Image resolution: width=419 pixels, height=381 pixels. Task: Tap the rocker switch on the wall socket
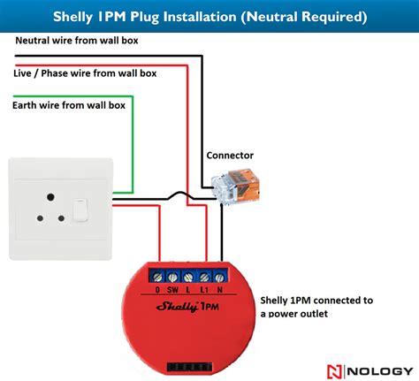tap(81, 210)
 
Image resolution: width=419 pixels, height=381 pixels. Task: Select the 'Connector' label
tap(230, 155)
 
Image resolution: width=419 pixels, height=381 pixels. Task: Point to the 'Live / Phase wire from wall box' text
tap(85, 73)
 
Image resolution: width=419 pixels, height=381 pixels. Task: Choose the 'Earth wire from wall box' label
tap(69, 104)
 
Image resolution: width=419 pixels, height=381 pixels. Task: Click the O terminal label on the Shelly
tap(157, 289)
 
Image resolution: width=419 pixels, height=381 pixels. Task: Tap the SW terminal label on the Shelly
tap(172, 289)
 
